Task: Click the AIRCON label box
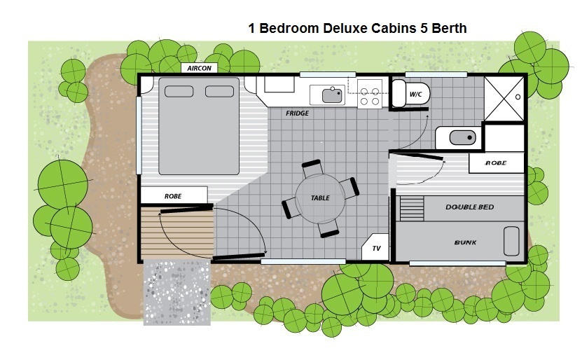(199, 68)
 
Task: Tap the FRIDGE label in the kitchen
(297, 113)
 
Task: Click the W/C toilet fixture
(411, 94)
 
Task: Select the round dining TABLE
(320, 198)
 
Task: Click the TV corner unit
(375, 247)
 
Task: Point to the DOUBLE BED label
(469, 207)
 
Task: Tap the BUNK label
(465, 242)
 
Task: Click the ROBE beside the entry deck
(174, 195)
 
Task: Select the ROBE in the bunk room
(497, 163)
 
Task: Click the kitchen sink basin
(332, 95)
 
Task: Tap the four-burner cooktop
(370, 94)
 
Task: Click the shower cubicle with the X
(504, 99)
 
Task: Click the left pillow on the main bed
(179, 91)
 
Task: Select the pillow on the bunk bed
(511, 241)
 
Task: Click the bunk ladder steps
(412, 209)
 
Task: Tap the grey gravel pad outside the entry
(177, 293)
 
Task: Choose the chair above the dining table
(312, 168)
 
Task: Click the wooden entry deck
(177, 232)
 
